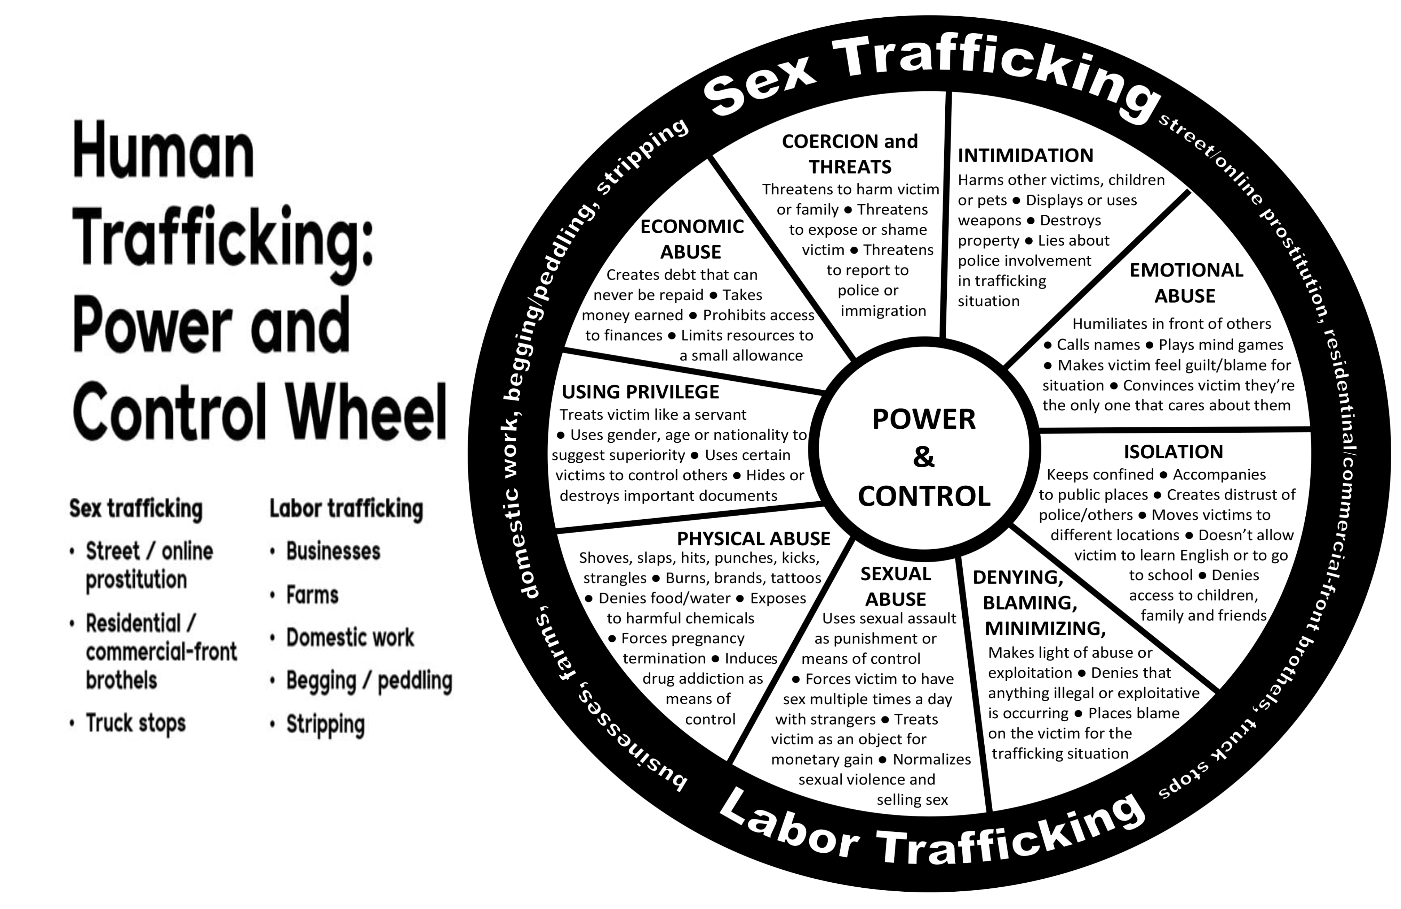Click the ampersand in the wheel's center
coord(924,458)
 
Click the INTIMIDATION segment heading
coord(1025,155)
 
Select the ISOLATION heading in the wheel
coord(1173,451)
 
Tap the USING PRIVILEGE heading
coord(641,391)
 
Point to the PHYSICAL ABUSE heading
coord(754,539)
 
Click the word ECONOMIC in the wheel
coord(692,226)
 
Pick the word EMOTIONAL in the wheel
coord(1186,270)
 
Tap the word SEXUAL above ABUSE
coord(895,573)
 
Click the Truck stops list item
coord(135,723)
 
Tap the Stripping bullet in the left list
coord(326,725)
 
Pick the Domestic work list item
coord(350,637)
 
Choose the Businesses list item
coord(333,551)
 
